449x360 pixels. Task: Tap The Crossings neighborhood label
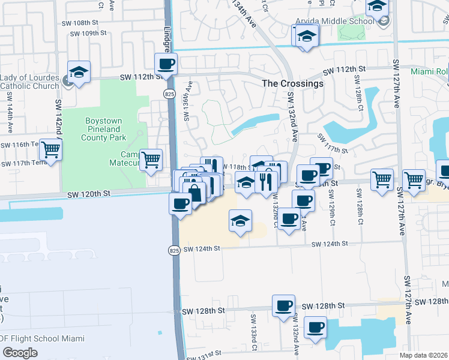tap(293, 83)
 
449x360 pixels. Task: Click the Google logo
tap(20, 352)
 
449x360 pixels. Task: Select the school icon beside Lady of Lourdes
tap(79, 72)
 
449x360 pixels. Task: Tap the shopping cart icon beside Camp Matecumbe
tap(151, 159)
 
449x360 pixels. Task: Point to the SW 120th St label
tap(89, 194)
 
